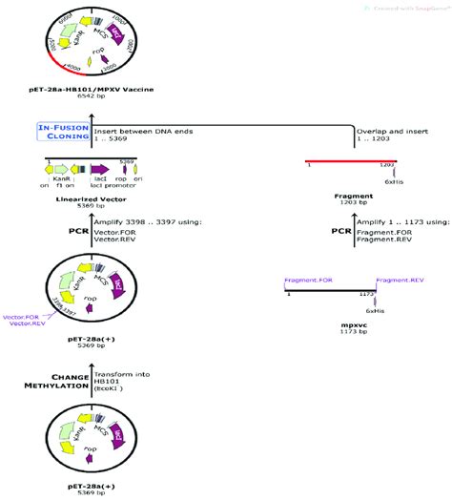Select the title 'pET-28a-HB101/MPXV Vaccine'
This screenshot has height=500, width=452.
[x=89, y=88]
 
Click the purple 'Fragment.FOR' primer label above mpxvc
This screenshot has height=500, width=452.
[x=307, y=281]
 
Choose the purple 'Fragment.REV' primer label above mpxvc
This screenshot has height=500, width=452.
[x=393, y=281]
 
